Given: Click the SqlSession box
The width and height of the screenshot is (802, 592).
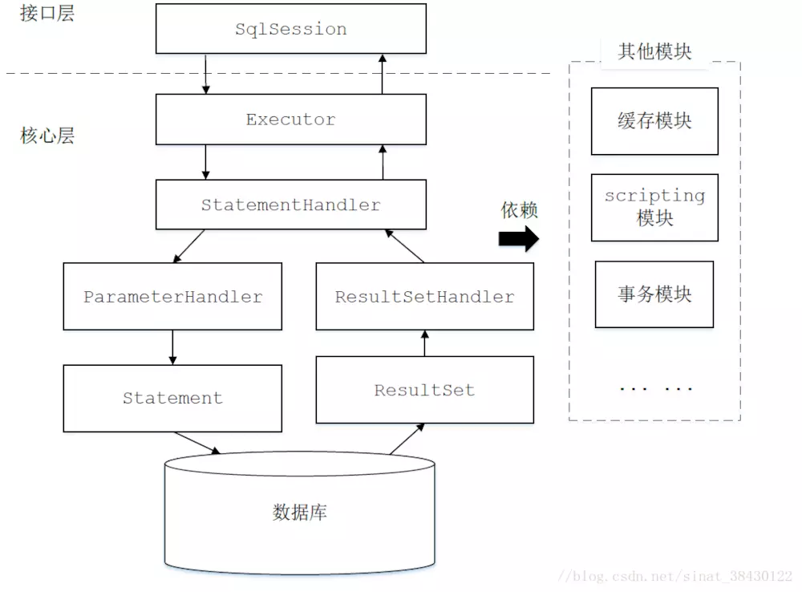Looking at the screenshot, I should point(290,30).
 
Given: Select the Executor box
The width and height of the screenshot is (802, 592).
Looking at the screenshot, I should point(290,120).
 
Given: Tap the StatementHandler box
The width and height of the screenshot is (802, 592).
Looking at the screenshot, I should point(290,205).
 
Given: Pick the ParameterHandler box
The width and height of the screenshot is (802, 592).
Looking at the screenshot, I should point(172,296).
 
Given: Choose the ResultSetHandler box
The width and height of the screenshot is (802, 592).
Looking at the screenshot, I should point(424,296).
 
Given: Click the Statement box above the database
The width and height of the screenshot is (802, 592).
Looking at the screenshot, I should point(172,398).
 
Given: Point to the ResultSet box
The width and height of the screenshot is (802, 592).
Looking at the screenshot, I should point(424,391).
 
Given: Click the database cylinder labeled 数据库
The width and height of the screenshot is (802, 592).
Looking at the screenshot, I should point(299,513).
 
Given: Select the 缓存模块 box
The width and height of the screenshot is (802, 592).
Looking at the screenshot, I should point(654,121).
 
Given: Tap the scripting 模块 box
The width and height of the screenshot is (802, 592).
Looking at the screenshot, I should point(654,207).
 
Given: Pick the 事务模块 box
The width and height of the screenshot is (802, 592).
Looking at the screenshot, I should point(654,294).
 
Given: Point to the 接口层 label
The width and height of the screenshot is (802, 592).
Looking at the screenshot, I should point(47,13).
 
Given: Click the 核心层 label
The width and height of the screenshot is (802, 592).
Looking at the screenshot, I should point(47,136).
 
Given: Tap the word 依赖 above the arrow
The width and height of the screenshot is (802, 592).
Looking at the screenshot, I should point(519,210).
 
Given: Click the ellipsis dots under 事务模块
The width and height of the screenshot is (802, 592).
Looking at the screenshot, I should point(655,389).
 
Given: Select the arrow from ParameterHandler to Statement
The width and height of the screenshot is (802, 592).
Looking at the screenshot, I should point(172,347).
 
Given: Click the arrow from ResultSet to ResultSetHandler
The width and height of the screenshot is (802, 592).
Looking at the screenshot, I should point(424,343).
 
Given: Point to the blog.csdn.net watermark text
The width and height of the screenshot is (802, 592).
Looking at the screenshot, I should point(675,577).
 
